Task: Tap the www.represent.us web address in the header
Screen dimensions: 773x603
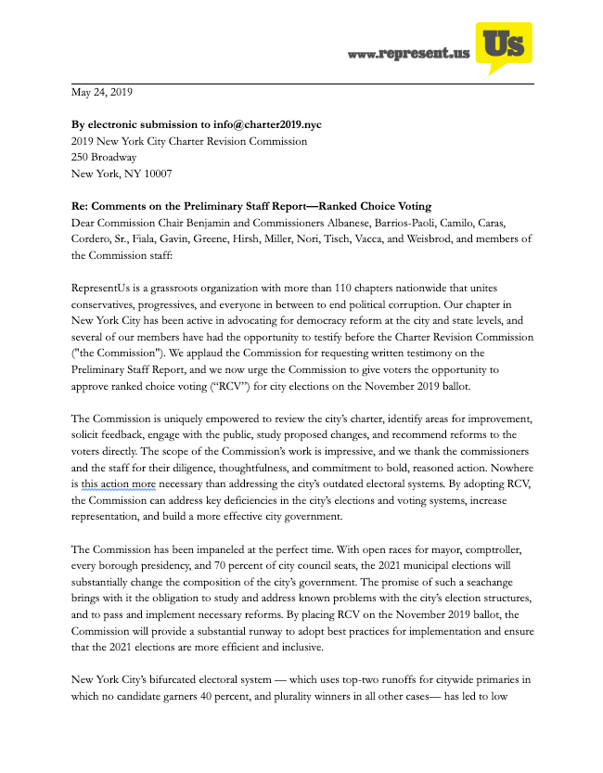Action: point(409,56)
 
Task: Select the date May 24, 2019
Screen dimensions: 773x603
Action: point(102,92)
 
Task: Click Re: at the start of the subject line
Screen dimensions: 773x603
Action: point(81,206)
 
